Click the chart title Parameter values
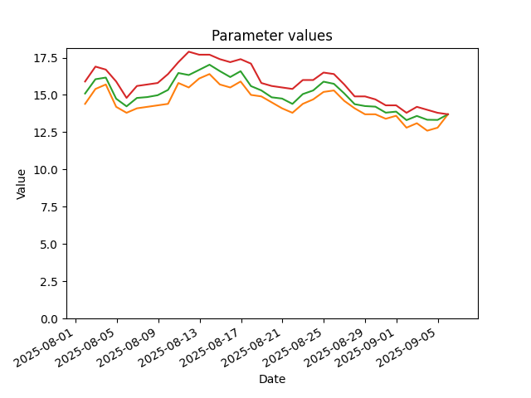271,36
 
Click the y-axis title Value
21,184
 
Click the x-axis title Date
272,379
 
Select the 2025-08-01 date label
44,348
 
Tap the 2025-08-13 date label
168,348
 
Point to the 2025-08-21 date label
251,348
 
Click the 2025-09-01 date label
365,348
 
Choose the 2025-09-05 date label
407,348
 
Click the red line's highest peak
188,51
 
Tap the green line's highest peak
209,65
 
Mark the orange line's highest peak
209,74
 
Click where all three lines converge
448,114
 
